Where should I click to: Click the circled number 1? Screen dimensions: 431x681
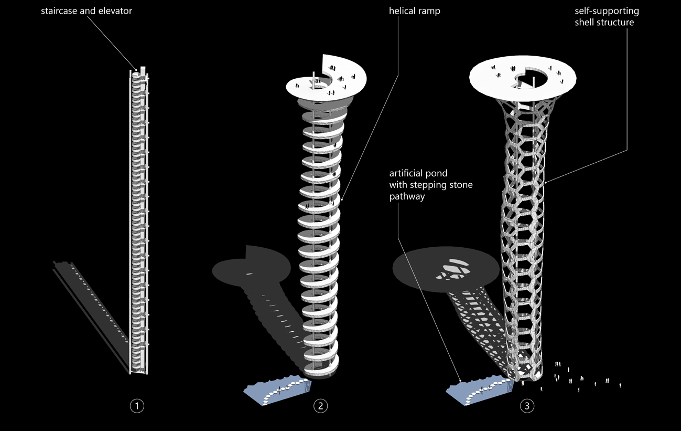[x=137, y=406]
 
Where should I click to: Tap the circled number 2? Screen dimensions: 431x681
[x=320, y=406]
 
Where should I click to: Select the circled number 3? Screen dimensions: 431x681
[x=527, y=406]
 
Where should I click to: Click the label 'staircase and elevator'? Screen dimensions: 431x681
[x=87, y=10]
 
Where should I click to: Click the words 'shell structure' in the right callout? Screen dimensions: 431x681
[x=604, y=23]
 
